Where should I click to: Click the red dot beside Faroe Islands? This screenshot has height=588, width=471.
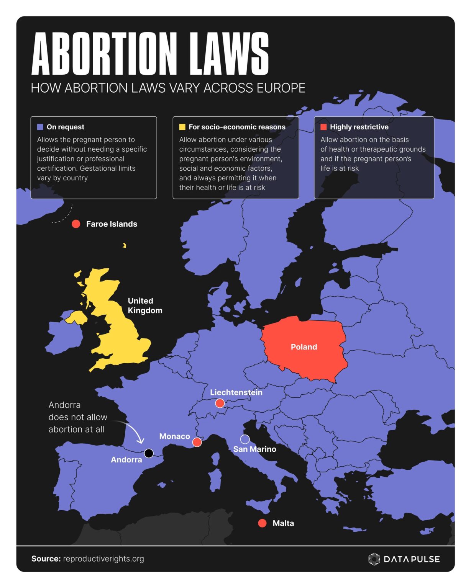(x=76, y=224)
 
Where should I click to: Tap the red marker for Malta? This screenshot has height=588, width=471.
(x=262, y=523)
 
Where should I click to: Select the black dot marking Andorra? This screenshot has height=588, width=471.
(x=149, y=453)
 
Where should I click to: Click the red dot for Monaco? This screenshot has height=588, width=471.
(x=197, y=442)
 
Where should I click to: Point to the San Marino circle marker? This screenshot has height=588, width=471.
(x=245, y=439)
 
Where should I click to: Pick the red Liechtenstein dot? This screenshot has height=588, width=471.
(x=220, y=403)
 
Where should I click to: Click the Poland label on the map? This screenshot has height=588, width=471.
(x=304, y=347)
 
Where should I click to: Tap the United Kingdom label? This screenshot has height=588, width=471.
(x=145, y=305)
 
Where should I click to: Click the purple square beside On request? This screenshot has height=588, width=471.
(x=40, y=127)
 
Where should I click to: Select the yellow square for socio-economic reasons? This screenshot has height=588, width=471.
(x=182, y=127)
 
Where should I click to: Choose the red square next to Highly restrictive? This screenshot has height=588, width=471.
(x=323, y=127)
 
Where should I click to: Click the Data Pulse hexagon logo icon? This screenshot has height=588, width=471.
(x=374, y=559)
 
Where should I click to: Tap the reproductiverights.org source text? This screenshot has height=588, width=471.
(x=103, y=559)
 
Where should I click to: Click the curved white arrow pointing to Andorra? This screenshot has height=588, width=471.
(x=132, y=431)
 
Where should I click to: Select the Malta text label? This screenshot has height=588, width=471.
(x=283, y=523)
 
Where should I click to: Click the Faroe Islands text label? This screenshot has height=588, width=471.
(x=112, y=224)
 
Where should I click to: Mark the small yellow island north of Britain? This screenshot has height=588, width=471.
(x=124, y=245)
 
